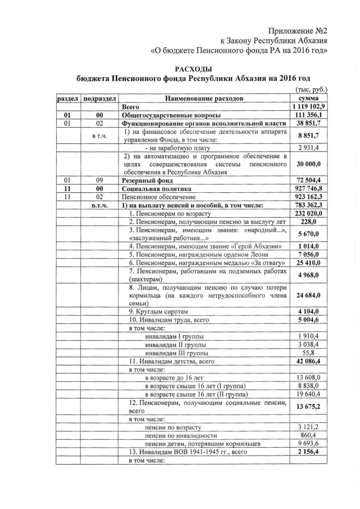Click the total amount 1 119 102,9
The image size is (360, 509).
pyautogui.click(x=309, y=106)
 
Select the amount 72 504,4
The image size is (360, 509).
pyautogui.click(x=309, y=179)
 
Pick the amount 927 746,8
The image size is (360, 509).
pyautogui.click(x=309, y=188)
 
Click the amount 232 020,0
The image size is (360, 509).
pyautogui.click(x=309, y=214)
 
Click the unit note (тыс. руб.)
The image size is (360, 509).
pyautogui.click(x=311, y=89)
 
